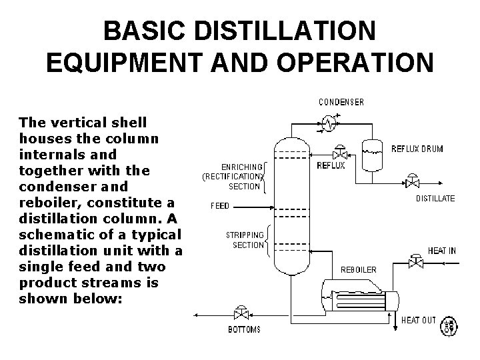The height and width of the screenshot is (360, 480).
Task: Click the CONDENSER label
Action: click(x=341, y=102)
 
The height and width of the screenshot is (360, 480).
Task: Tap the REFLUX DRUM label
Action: click(x=417, y=149)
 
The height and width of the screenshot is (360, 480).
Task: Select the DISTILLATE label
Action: click(x=435, y=198)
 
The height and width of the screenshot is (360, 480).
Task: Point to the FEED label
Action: click(x=219, y=206)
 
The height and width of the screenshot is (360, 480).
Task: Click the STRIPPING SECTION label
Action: click(x=245, y=240)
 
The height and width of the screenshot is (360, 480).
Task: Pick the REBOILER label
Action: click(x=358, y=270)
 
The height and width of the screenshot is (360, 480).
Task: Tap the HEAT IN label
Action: click(x=441, y=251)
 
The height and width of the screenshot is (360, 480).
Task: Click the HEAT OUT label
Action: click(x=418, y=320)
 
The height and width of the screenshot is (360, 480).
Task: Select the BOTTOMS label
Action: click(x=245, y=330)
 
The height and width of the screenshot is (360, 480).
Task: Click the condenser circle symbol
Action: click(x=328, y=122)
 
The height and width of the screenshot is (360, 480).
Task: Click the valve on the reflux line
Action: click(x=339, y=153)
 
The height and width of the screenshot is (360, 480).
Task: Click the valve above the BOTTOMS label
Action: click(x=238, y=314)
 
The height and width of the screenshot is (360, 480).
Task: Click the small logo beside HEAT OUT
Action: click(x=450, y=324)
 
